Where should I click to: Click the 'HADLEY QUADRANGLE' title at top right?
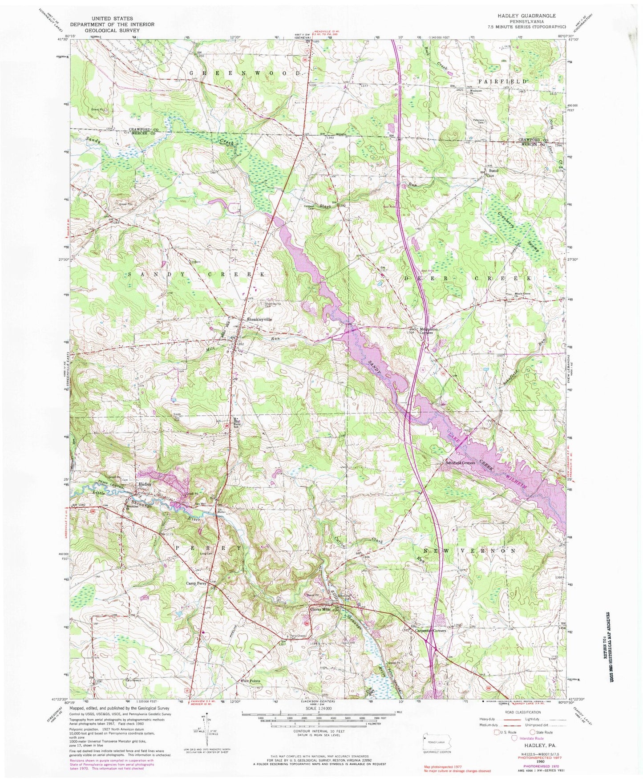(x=526, y=16)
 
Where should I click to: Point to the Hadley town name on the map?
(x=145, y=484)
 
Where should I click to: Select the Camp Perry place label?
(x=196, y=583)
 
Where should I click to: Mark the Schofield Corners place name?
(x=461, y=462)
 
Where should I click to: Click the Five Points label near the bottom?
(x=251, y=681)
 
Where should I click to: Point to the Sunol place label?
(x=493, y=171)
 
